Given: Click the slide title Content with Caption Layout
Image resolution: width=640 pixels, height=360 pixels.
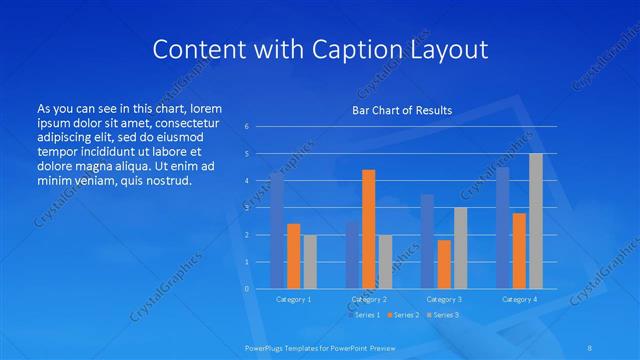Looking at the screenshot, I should click(320, 49).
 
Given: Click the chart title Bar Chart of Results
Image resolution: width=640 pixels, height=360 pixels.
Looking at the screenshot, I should click(402, 110).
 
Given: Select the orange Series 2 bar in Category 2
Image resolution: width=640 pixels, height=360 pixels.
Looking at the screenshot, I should click(368, 229).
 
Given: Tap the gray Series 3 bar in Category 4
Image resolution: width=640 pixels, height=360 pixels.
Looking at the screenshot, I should click(536, 221).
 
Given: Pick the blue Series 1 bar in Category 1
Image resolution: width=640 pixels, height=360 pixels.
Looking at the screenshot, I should click(277, 230).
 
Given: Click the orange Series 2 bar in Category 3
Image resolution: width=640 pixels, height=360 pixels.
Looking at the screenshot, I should click(444, 264).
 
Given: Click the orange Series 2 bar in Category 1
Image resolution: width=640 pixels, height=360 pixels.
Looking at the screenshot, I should click(293, 256).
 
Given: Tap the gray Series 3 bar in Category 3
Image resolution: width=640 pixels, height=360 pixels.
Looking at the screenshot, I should click(460, 248).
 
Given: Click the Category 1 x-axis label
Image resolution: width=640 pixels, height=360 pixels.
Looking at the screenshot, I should click(293, 299).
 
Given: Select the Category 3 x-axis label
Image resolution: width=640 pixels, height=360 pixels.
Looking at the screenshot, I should click(444, 299).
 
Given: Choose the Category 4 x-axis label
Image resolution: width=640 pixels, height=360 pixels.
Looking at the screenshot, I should click(519, 299).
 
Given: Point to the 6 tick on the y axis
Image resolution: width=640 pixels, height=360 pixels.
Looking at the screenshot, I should click(246, 127).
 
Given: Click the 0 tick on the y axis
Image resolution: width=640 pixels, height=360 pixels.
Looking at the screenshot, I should click(246, 288).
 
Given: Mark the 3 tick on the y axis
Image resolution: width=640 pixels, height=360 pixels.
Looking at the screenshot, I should click(246, 208).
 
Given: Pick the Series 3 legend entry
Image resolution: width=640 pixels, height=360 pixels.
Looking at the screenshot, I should click(442, 315).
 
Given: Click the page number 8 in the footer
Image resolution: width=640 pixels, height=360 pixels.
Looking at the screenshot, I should click(589, 347).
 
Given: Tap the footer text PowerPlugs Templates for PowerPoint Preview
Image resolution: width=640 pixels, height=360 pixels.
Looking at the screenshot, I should click(319, 347).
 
